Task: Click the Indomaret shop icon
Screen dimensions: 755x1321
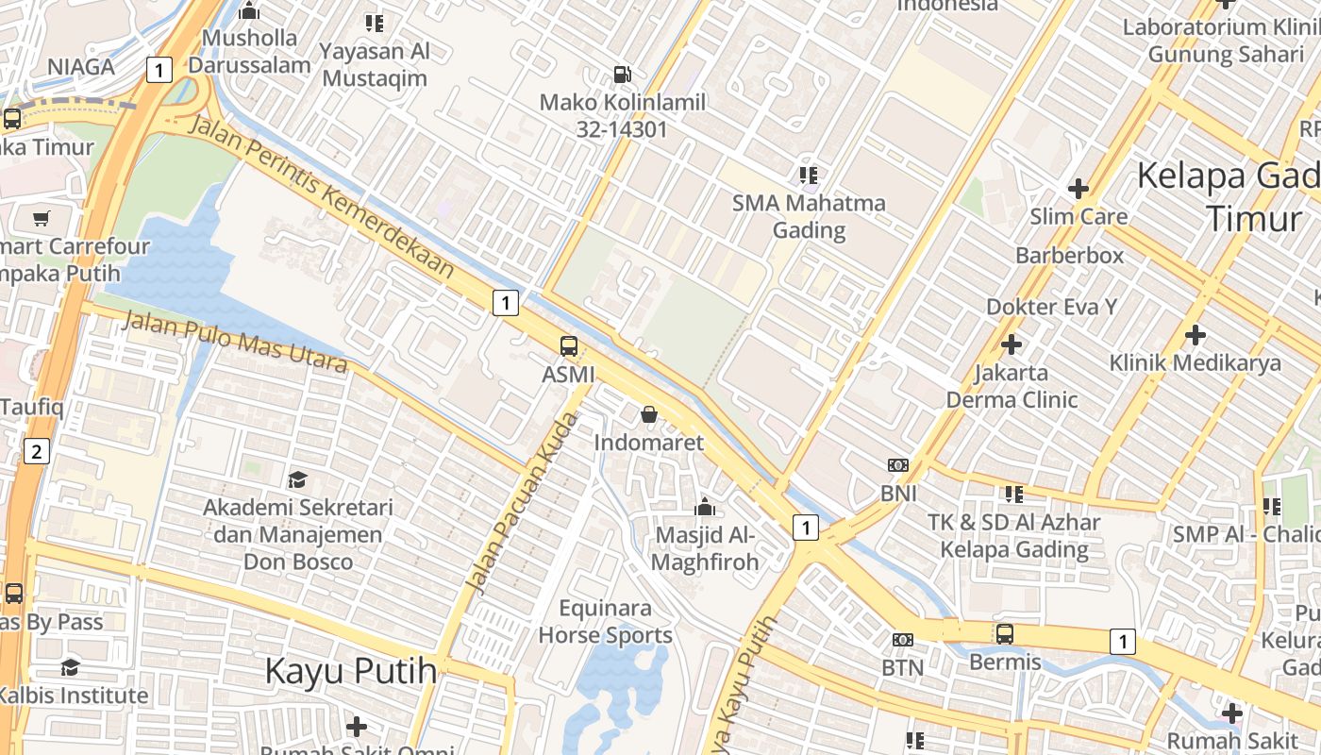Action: (x=649, y=414)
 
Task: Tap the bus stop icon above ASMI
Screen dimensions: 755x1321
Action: (x=568, y=346)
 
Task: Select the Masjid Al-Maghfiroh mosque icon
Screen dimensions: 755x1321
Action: (x=704, y=508)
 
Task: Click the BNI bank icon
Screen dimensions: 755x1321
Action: (x=898, y=465)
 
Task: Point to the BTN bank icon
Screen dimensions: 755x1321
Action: (x=903, y=640)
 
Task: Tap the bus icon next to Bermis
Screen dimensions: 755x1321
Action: (x=1005, y=634)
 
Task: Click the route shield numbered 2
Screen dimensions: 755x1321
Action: (x=36, y=451)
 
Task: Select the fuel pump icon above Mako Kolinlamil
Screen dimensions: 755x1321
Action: (x=623, y=74)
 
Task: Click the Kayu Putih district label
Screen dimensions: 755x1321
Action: (x=350, y=672)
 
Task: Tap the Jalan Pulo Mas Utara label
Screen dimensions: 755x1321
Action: (x=235, y=341)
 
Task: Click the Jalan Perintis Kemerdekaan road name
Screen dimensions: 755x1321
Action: (x=322, y=196)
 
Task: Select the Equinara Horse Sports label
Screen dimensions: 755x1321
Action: (x=606, y=621)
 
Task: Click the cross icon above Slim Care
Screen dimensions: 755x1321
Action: (x=1079, y=189)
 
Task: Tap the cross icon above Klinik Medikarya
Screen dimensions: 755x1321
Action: (x=1196, y=335)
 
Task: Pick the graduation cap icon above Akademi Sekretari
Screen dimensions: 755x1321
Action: (x=298, y=480)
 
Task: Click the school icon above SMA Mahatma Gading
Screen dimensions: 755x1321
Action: (x=809, y=175)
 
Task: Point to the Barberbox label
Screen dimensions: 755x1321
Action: (x=1069, y=256)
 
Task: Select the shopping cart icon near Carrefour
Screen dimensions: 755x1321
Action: (x=41, y=219)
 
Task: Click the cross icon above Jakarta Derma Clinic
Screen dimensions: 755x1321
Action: (x=1012, y=344)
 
